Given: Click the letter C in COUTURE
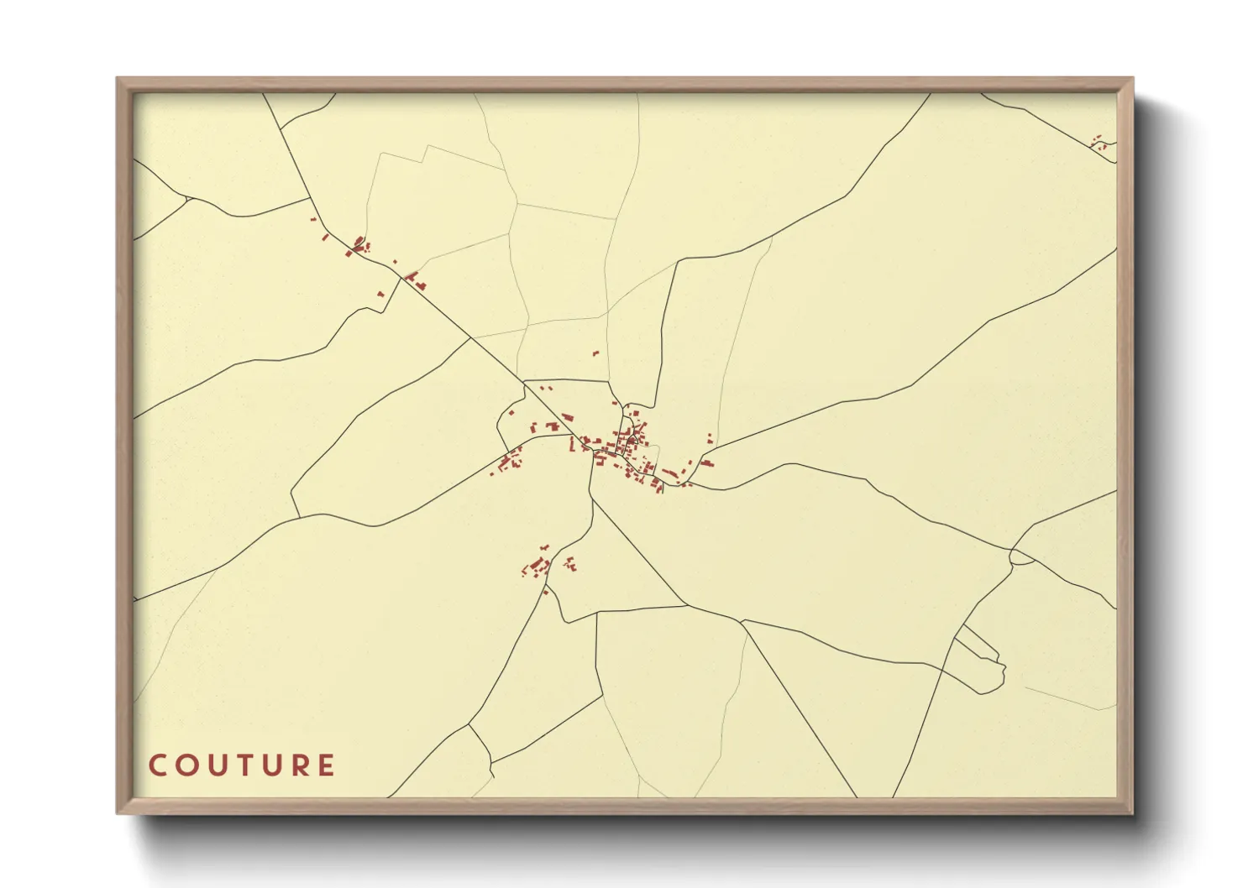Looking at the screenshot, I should (x=157, y=765).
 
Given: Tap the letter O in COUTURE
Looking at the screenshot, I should (x=185, y=765).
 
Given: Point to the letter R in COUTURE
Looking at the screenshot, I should (x=298, y=765).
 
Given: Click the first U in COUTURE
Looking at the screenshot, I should (x=213, y=765).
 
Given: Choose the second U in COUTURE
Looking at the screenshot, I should (x=270, y=765).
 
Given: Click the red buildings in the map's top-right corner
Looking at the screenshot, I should (x=1098, y=143).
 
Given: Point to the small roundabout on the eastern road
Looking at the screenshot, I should (x=1021, y=557).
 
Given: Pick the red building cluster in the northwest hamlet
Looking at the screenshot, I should (x=359, y=245).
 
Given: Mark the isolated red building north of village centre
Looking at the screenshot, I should (x=595, y=353).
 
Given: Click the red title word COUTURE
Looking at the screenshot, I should (x=242, y=765).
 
